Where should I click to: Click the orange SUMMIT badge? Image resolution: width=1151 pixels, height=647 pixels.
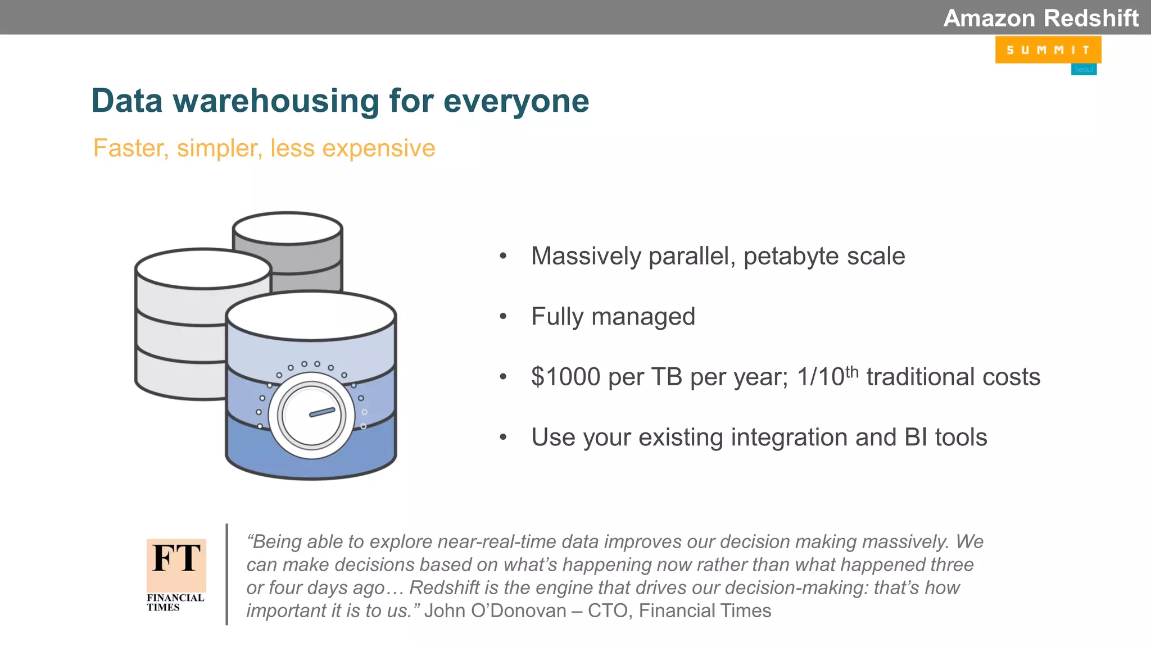1048,50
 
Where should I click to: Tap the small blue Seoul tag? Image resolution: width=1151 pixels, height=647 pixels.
1084,70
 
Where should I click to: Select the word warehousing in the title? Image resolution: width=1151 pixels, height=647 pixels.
275,101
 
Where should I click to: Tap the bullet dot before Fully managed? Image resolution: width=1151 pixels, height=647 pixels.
503,317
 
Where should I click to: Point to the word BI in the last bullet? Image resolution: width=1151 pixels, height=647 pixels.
916,438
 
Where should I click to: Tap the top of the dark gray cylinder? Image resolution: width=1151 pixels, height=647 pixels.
288,228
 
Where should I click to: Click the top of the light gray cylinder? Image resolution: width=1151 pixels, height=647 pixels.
203,268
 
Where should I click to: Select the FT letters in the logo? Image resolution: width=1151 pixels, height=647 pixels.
176,558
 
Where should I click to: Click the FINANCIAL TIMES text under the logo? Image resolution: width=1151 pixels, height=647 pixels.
175,602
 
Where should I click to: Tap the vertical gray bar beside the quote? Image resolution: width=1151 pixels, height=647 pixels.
226,574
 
